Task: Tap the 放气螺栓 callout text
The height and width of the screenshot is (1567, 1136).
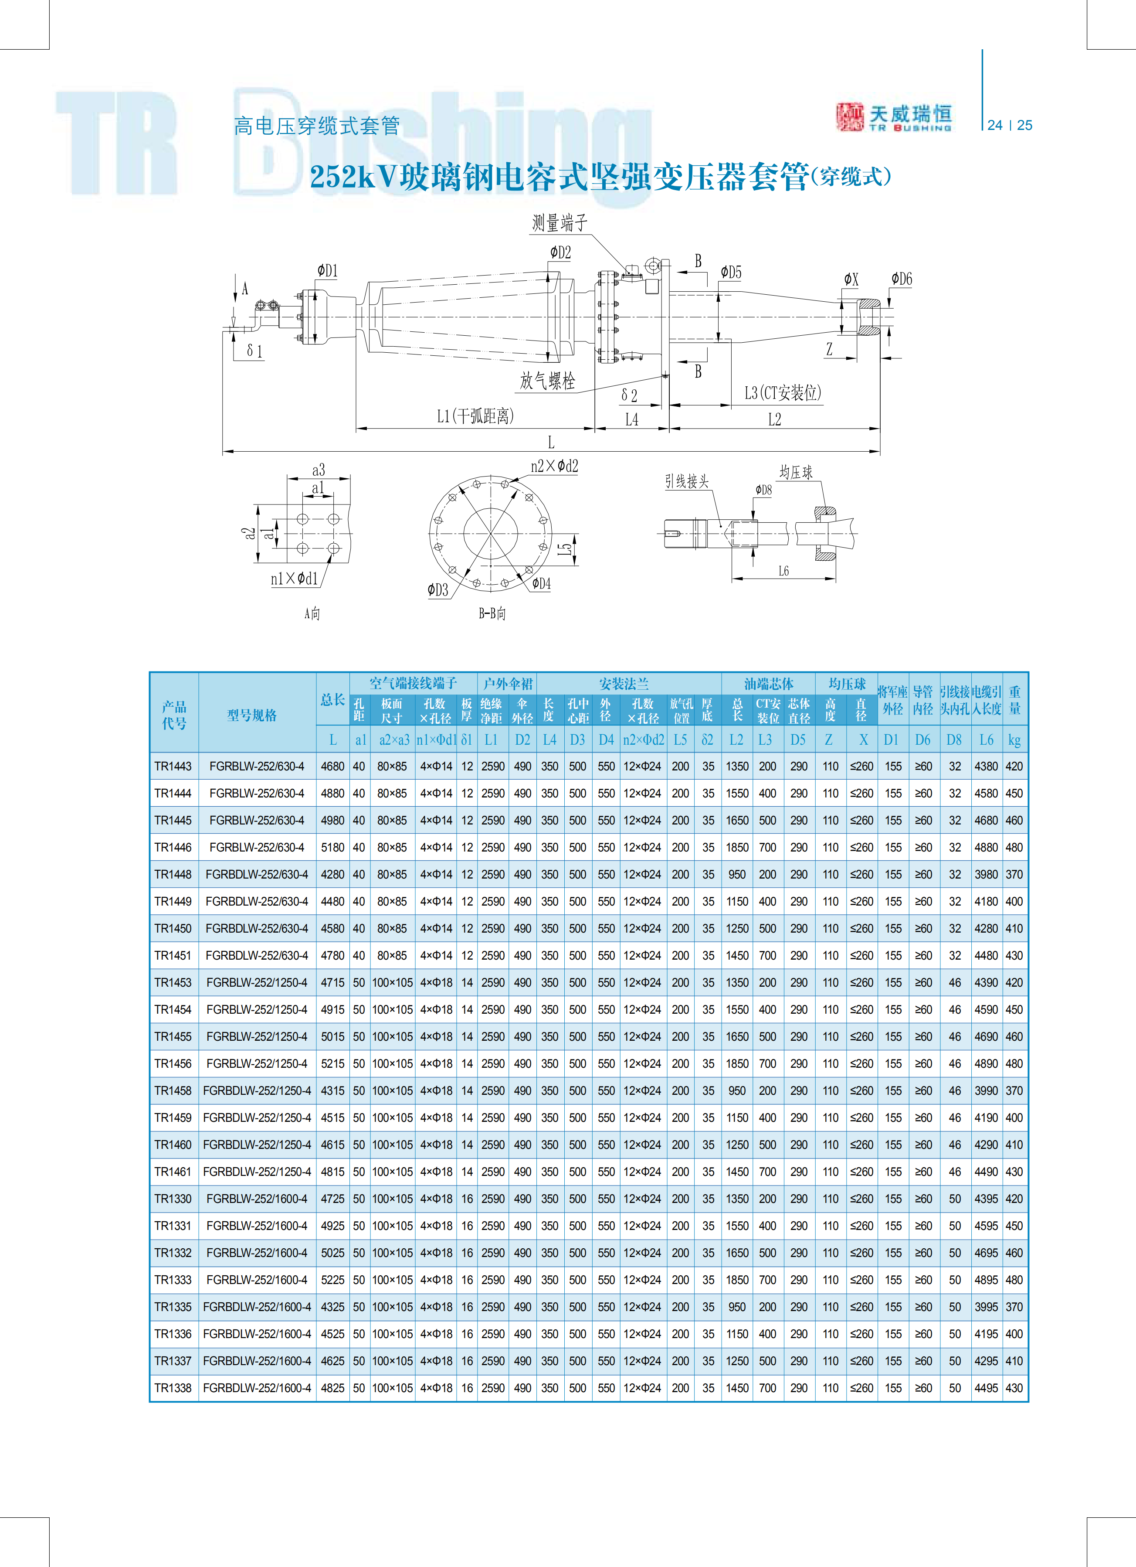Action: tap(548, 381)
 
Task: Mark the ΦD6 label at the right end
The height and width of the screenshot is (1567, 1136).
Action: tap(901, 279)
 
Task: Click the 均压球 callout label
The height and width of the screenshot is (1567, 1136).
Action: tap(796, 473)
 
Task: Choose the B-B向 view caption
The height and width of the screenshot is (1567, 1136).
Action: tap(492, 613)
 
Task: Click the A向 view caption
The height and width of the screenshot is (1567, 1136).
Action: tap(312, 613)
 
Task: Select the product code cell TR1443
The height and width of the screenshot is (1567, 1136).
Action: tap(173, 766)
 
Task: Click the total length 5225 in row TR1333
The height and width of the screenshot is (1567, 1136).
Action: tap(333, 1280)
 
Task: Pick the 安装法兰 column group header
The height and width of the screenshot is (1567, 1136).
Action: tap(624, 684)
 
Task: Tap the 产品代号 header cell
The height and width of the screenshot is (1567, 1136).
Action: tap(174, 715)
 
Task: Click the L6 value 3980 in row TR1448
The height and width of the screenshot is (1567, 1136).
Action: tap(986, 874)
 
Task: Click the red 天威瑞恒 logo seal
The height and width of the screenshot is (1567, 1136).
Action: tap(849, 117)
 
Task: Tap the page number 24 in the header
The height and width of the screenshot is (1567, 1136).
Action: tap(994, 125)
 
